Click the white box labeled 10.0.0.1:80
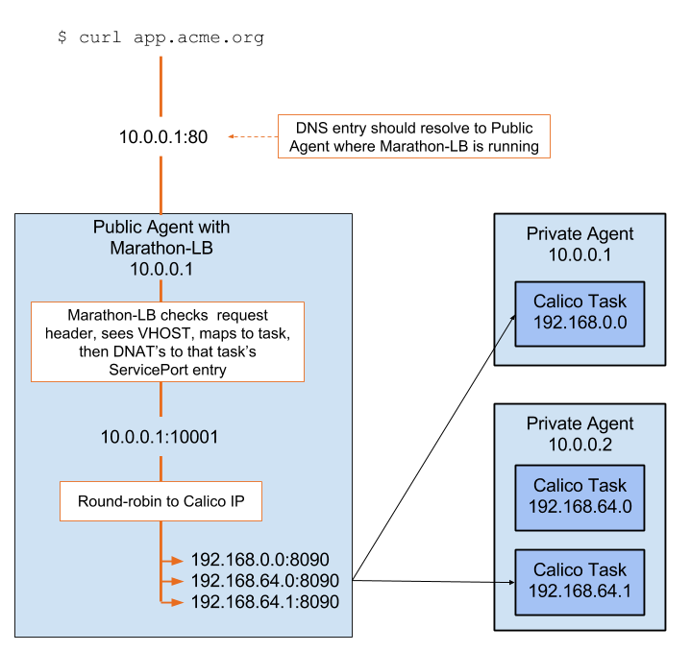[163, 136]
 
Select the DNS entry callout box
[414, 137]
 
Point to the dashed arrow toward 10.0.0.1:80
[253, 137]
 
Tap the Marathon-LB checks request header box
[167, 342]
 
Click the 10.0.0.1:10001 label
[160, 437]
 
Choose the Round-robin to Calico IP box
[160, 500]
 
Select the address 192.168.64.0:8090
[265, 581]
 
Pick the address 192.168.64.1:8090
[265, 602]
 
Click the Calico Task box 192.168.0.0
[580, 313]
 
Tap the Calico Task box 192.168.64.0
[580, 496]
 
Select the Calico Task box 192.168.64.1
[580, 581]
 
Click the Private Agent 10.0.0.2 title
[580, 434]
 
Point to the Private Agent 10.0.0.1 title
[580, 244]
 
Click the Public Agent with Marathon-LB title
[161, 248]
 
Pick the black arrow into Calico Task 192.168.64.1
[506, 582]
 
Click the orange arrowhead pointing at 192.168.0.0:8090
[177, 560]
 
